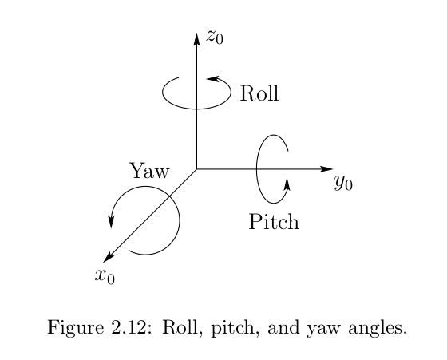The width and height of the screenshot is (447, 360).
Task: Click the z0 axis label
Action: (x=216, y=37)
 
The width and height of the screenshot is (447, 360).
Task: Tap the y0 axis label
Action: (x=343, y=183)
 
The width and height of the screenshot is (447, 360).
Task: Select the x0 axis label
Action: (x=105, y=276)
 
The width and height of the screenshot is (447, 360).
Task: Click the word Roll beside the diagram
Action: (x=259, y=93)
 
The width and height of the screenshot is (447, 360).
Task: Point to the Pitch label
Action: (x=274, y=221)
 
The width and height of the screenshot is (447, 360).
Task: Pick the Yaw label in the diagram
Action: (x=149, y=171)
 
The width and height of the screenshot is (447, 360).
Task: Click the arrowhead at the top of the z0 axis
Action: (x=196, y=39)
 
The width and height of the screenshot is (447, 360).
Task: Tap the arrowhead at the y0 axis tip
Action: (x=326, y=169)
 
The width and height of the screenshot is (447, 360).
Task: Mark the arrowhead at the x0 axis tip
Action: (x=108, y=257)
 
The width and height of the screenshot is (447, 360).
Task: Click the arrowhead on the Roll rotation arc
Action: (x=212, y=78)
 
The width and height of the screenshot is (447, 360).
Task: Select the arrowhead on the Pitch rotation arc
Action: (x=287, y=184)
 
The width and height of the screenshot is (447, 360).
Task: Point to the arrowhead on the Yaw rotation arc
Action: (x=111, y=222)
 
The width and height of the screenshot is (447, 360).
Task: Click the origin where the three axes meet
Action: (x=196, y=169)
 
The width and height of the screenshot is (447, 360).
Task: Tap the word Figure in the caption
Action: (x=76, y=328)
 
